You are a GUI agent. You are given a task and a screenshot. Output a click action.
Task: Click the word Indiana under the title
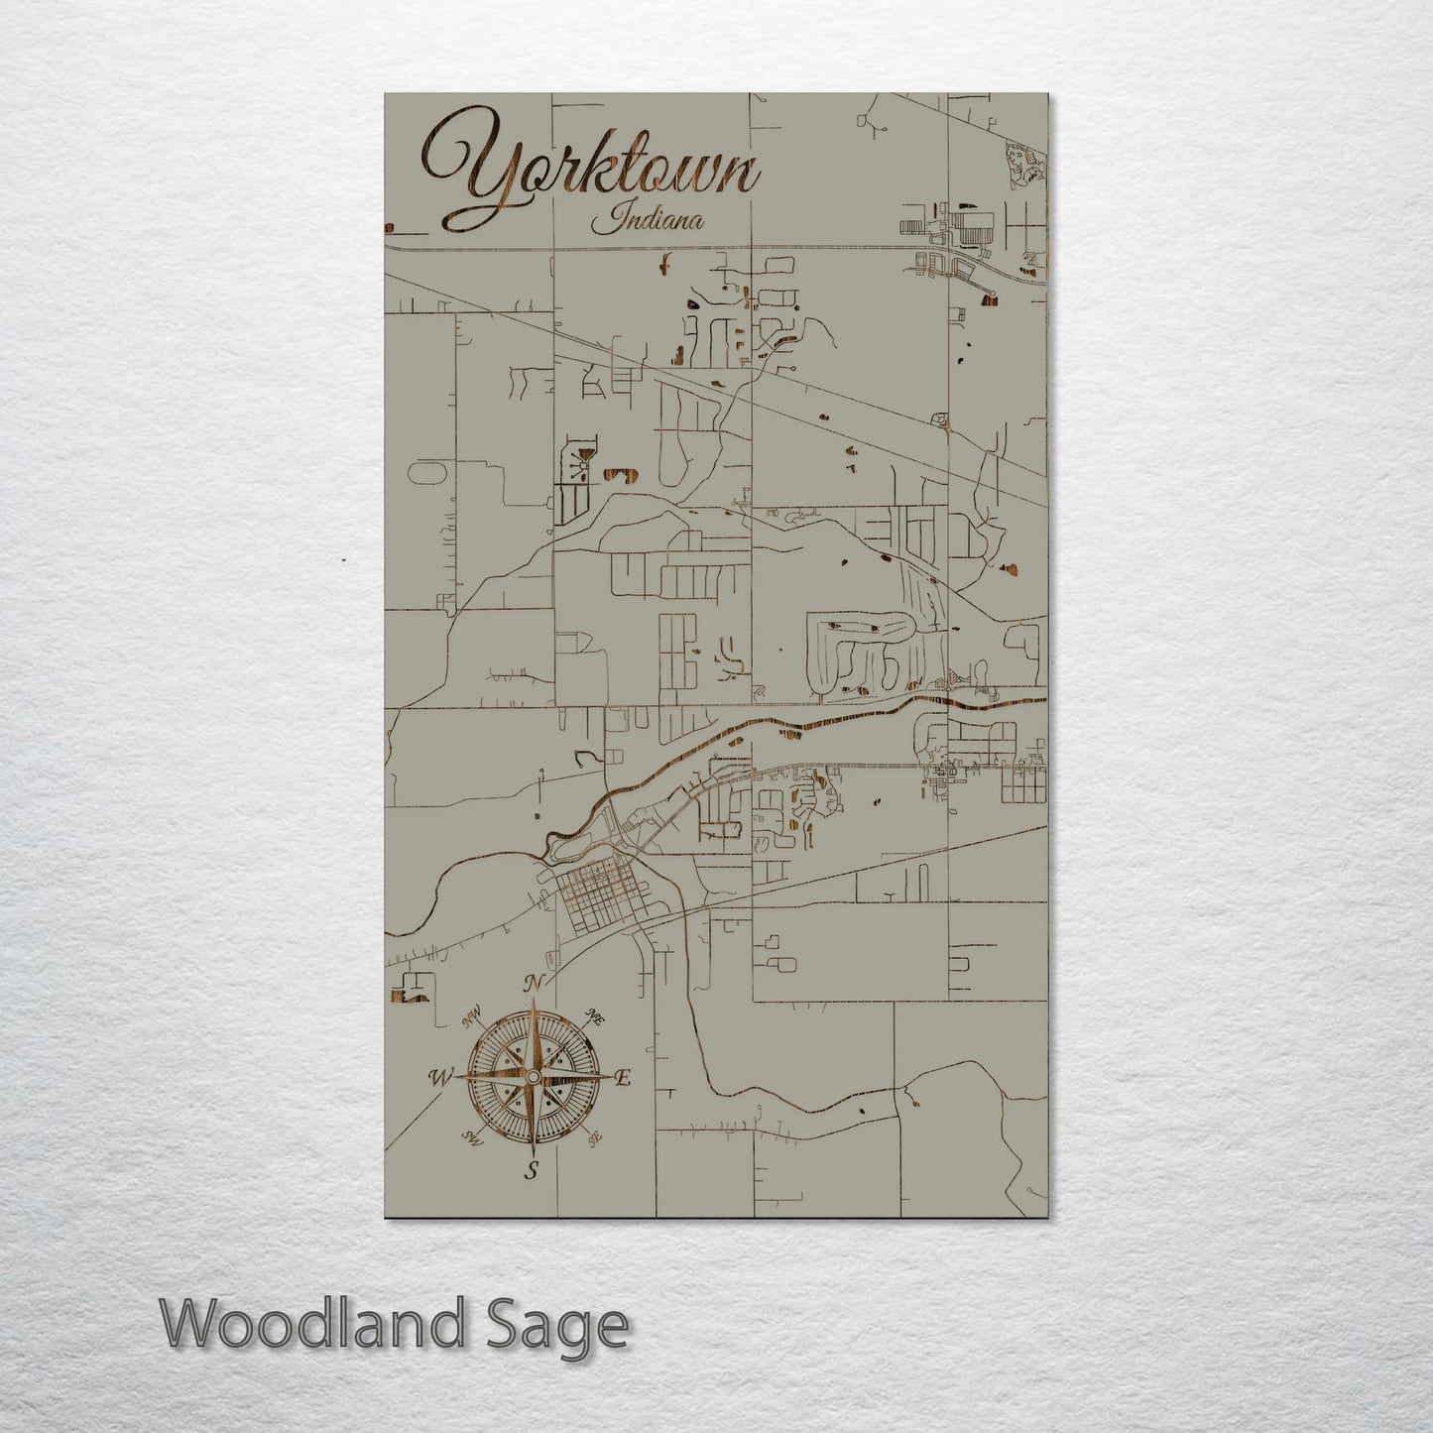coord(648,218)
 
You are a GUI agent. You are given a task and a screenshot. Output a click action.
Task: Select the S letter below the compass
coord(532,1171)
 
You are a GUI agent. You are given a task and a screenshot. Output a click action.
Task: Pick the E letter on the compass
coord(623,1078)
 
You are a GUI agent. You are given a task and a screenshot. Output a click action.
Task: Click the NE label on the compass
coord(595,1016)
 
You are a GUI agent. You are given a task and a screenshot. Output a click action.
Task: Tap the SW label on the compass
coord(472,1139)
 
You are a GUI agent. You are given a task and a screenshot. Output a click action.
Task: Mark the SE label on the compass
coord(594,1139)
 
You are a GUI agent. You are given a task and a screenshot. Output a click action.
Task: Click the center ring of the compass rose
coord(533,1077)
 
